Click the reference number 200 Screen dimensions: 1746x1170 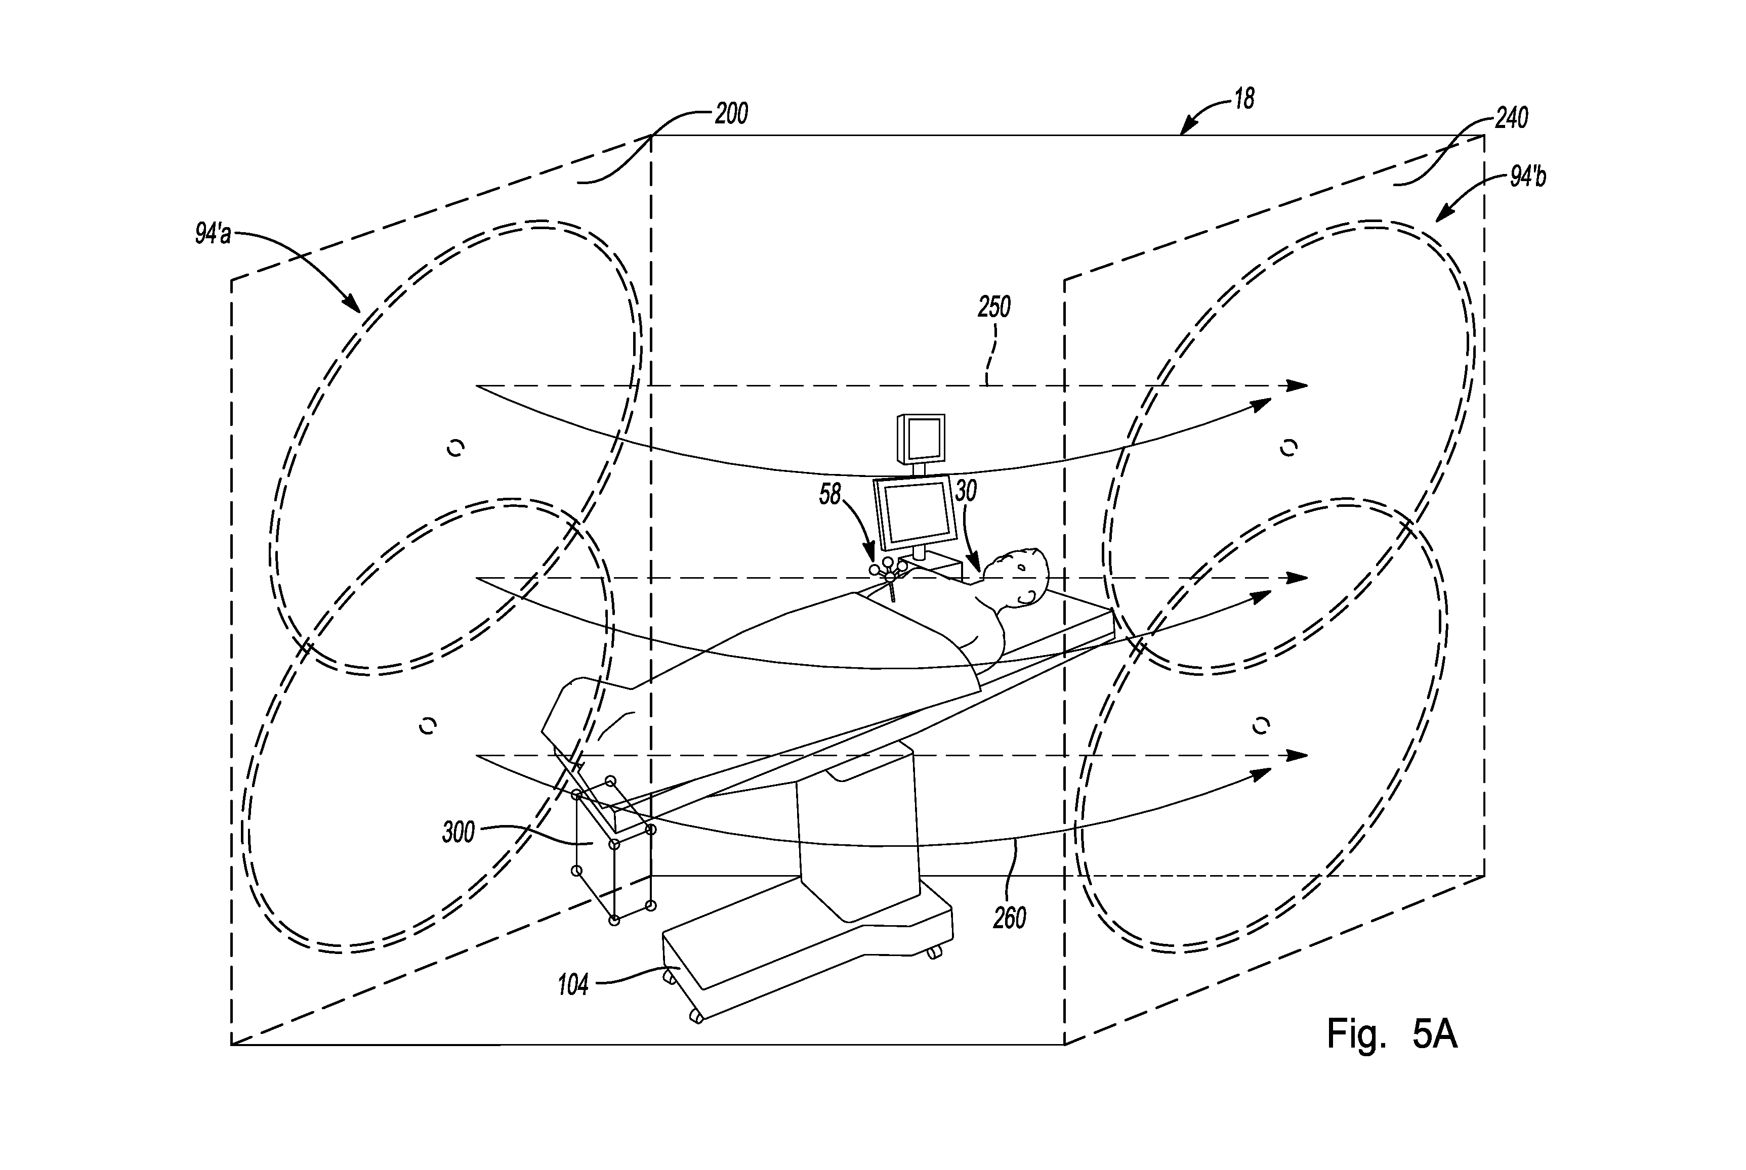tap(731, 114)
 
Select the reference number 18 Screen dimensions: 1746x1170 tap(1243, 99)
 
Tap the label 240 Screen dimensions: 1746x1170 tap(1512, 118)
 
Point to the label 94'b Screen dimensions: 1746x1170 tap(1527, 178)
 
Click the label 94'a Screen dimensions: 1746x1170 tap(213, 234)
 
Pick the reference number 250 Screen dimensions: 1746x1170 tap(994, 307)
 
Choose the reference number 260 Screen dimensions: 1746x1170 tap(1009, 917)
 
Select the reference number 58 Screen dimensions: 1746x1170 tap(830, 494)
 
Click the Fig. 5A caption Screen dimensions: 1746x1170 tap(1391, 1035)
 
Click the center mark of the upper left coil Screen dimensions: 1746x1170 tap(455, 448)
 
